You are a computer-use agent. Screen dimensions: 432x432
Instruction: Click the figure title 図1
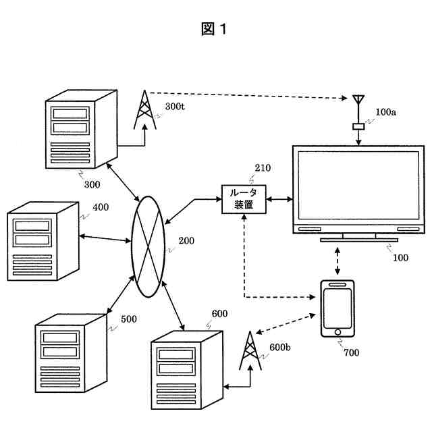pos(214,28)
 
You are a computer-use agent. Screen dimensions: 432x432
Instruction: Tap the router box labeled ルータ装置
pos(244,199)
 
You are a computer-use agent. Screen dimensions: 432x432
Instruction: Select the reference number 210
pos(263,168)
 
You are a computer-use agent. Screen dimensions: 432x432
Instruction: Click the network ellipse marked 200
pos(148,247)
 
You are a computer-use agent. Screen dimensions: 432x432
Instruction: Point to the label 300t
pos(175,107)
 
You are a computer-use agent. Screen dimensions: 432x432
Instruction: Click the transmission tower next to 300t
pos(144,110)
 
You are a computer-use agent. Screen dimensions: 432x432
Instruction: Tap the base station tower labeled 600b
pos(250,350)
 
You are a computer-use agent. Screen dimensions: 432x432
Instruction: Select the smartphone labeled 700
pos(337,308)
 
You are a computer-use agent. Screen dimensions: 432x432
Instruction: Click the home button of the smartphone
pos(337,332)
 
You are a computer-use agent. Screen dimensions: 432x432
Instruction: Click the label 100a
pos(385,112)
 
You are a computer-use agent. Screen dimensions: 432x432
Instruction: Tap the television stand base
pos(359,240)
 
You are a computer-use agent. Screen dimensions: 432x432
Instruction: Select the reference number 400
pos(101,207)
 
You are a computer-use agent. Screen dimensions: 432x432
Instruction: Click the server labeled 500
pos(71,353)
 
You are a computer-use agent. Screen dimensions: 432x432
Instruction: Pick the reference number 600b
pos(279,348)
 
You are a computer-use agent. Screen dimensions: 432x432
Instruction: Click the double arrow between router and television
pos(279,199)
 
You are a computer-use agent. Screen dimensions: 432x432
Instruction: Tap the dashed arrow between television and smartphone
pos(337,261)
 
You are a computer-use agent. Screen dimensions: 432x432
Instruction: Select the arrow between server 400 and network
pos(105,238)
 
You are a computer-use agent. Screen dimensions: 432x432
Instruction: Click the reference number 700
pos(351,352)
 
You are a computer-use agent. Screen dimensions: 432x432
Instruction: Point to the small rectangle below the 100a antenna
pos(358,126)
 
